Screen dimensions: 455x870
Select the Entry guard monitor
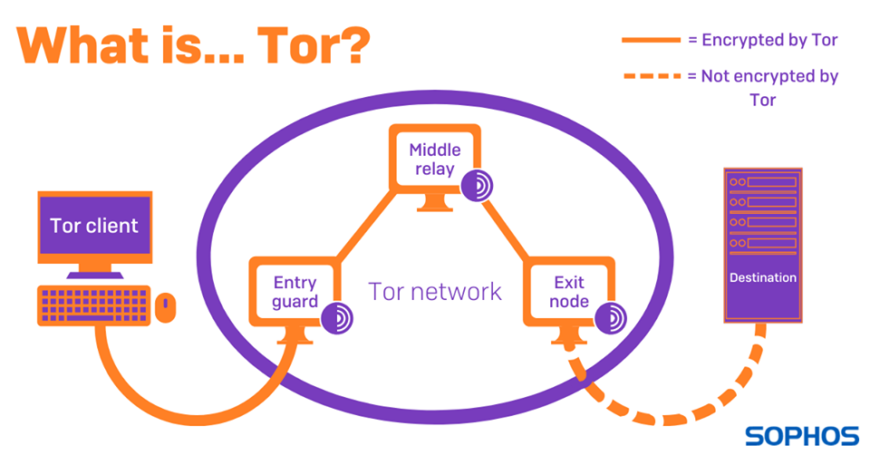click(x=295, y=290)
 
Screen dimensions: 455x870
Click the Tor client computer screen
click(x=94, y=226)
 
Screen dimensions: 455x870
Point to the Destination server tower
click(x=762, y=245)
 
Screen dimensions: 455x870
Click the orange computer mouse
click(x=165, y=308)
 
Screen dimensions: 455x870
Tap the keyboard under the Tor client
click(x=93, y=305)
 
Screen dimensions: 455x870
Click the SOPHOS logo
click(x=801, y=436)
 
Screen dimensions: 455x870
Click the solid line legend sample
click(x=650, y=40)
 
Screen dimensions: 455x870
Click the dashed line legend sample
click(x=650, y=76)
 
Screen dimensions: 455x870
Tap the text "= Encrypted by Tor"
click(x=762, y=40)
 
